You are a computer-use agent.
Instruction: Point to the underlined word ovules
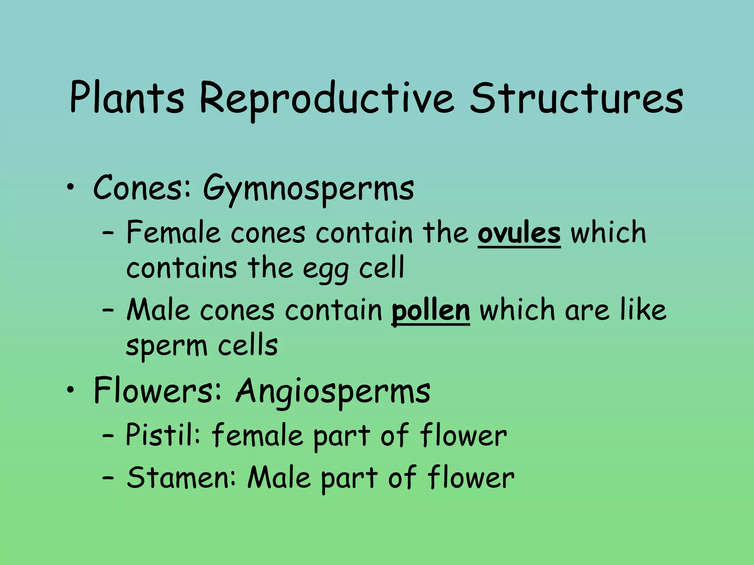(519, 234)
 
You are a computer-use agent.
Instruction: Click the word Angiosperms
(333, 391)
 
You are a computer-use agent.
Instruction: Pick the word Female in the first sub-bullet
(173, 233)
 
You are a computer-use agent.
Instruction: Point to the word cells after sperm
(247, 346)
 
